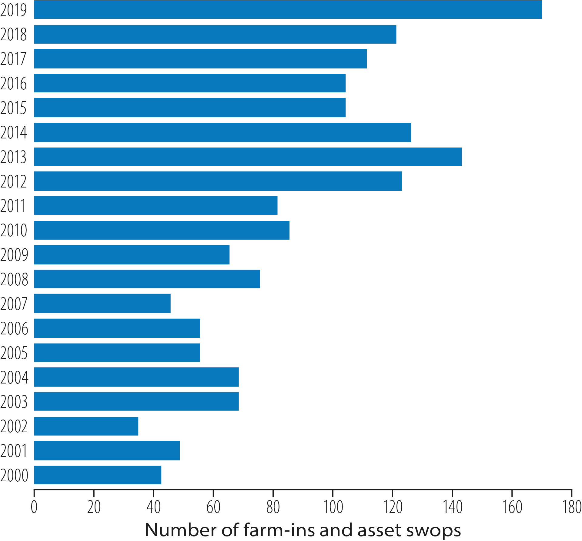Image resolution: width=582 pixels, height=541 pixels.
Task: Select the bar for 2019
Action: tap(288, 10)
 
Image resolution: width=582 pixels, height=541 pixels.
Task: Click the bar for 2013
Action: tap(248, 157)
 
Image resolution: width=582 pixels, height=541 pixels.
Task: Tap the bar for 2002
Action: tap(86, 426)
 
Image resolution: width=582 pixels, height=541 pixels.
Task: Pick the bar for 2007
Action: tap(102, 303)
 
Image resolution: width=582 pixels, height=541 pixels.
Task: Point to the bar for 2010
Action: tap(162, 230)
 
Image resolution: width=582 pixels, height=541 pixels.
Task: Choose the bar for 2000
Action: tap(98, 475)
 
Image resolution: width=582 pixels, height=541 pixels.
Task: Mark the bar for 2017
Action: tap(200, 59)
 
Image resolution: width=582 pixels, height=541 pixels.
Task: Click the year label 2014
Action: tap(14, 132)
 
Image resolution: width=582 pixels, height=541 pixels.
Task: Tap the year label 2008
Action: tap(14, 279)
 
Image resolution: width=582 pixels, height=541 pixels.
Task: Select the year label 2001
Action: tap(14, 451)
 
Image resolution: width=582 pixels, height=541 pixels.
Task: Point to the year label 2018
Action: tap(14, 34)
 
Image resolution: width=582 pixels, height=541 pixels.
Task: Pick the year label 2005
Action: tap(14, 353)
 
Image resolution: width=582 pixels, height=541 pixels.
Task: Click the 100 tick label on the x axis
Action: tap(333, 507)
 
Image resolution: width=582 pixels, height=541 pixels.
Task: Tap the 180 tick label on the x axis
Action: tap(572, 507)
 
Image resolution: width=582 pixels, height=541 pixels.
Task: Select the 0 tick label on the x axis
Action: tap(34, 507)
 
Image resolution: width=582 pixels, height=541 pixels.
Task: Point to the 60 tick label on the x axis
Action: tap(213, 507)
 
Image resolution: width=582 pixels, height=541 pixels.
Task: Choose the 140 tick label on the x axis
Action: tap(452, 507)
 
